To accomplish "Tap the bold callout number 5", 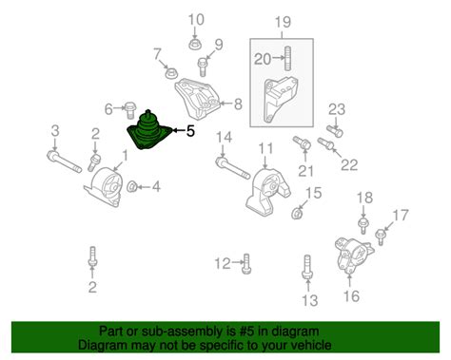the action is pos(190,131).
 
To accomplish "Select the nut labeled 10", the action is pos(195,44).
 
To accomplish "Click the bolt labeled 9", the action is pos(202,66).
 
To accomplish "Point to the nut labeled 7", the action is pos(171,73).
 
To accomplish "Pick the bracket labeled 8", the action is pos(197,99).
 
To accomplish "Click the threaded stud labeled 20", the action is pos(287,59).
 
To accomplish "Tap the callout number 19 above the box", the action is pos(283,22).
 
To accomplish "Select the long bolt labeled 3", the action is pos(65,161).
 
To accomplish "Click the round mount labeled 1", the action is pos(104,188).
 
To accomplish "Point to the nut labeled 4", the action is pos(132,187).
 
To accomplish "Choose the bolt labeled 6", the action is pos(129,110).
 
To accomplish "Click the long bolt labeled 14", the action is pos(233,168).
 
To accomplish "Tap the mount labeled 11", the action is pos(267,193).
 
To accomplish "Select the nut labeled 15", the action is pos(297,214).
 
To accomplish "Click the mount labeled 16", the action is pos(354,255).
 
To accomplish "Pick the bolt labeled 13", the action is pos(307,267).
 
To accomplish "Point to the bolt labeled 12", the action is pos(246,263).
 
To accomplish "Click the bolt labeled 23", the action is pos(335,131).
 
